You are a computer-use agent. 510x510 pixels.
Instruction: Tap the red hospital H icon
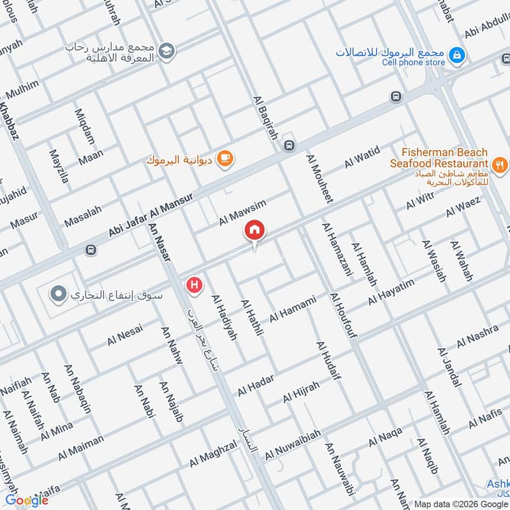[x=194, y=286]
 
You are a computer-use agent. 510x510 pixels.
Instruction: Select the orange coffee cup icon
[x=224, y=158]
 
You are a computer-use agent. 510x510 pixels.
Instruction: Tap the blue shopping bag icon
[x=456, y=56]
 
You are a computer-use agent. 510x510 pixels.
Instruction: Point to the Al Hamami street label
[x=293, y=309]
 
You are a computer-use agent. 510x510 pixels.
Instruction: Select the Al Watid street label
[x=361, y=157]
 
